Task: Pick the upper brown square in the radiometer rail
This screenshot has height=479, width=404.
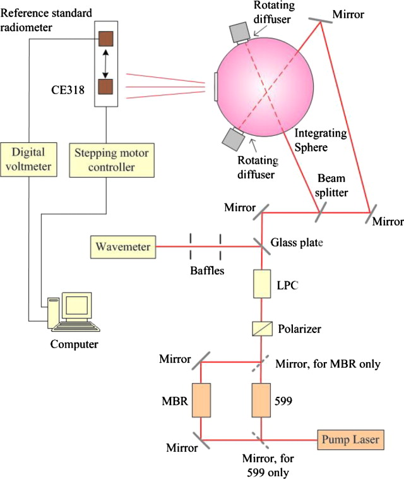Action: click(105, 39)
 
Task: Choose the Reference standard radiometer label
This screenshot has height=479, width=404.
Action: click(38, 19)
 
